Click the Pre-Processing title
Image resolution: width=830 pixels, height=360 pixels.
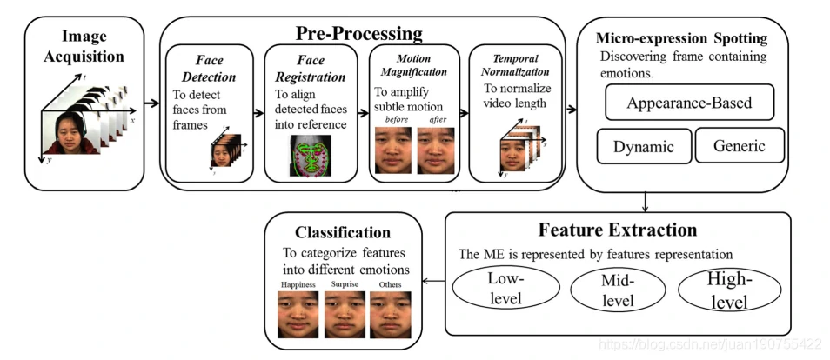pos(358,34)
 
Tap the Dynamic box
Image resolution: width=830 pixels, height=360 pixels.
pos(644,146)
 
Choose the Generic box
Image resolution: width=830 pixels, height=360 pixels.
pos(740,146)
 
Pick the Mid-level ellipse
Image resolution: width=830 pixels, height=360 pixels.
pos(618,290)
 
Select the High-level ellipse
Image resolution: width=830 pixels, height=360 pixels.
pos(728,289)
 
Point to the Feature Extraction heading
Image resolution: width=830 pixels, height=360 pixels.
pos(618,230)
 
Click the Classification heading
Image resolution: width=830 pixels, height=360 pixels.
pos(342,233)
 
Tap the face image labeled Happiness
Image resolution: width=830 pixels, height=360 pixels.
pos(298,314)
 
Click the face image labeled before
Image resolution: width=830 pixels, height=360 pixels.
pos(393,150)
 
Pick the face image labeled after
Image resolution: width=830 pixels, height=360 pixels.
pos(436,150)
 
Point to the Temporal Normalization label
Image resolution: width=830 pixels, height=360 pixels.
pos(516,65)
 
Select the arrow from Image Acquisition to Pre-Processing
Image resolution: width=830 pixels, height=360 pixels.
pos(152,103)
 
